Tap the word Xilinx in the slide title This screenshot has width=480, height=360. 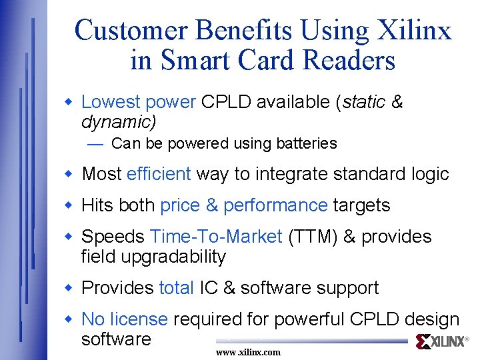(x=415, y=30)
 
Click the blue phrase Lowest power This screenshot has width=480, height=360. (x=138, y=102)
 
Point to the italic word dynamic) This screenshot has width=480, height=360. (x=118, y=122)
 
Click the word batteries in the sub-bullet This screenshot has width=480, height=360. (x=306, y=143)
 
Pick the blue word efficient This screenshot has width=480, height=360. (x=159, y=174)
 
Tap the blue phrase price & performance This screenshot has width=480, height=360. (x=243, y=205)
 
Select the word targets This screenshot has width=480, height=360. (x=361, y=205)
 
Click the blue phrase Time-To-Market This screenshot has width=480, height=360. (x=217, y=237)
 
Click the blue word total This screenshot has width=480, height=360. (x=176, y=288)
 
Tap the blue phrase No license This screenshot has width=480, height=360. (x=124, y=320)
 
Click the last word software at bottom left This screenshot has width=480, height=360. (x=116, y=339)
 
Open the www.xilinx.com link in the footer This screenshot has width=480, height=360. (x=248, y=352)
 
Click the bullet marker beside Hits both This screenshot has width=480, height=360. (x=67, y=205)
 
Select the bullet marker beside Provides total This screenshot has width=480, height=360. (x=67, y=288)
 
